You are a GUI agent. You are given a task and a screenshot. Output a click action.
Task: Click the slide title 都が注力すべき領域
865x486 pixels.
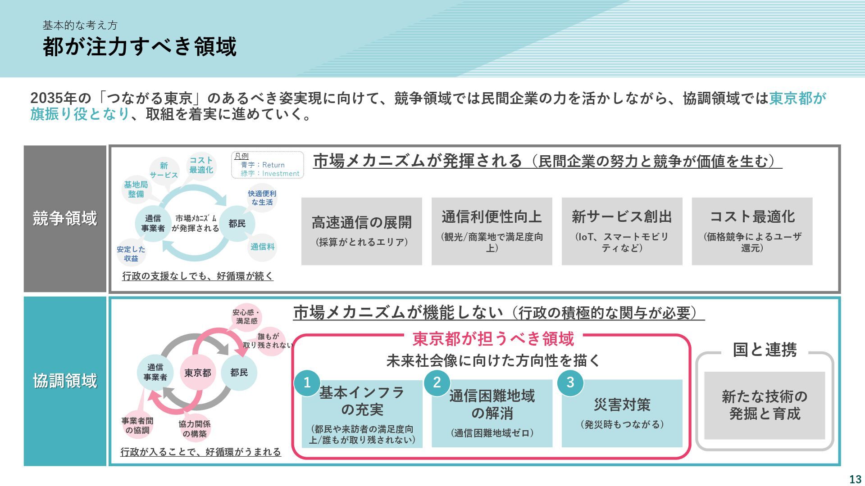coord(140,47)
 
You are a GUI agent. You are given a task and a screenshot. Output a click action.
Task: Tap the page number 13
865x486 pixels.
coord(855,479)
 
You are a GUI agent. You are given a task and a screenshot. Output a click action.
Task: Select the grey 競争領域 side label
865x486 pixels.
coord(65,219)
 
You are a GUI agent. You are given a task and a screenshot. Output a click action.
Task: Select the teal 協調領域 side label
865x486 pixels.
coord(65,381)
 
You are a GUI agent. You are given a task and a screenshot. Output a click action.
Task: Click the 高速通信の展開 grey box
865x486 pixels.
coord(361,231)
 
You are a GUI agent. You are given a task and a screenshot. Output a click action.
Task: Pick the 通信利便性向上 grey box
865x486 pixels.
coord(492,231)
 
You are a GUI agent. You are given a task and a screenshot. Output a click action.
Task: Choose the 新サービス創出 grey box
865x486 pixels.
coord(622,231)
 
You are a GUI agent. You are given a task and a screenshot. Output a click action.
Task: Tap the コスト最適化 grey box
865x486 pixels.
coord(752,231)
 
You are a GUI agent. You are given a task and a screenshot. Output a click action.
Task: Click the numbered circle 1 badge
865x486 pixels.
coord(307,383)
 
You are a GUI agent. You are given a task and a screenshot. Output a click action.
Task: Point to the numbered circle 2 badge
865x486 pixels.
coord(437,383)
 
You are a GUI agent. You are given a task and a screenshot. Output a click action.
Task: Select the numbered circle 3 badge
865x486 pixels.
coord(570,383)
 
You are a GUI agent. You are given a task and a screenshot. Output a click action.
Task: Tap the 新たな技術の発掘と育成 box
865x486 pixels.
coord(764,405)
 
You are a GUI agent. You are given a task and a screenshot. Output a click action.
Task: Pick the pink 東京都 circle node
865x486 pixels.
coord(197,373)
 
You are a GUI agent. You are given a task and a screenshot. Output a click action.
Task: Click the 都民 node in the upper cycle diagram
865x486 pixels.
coord(237,224)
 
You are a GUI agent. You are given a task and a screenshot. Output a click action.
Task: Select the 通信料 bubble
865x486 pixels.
coord(262,247)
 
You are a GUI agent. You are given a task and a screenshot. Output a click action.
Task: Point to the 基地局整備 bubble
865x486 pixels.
coord(136,189)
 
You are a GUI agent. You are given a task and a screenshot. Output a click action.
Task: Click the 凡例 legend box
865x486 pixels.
coord(268,165)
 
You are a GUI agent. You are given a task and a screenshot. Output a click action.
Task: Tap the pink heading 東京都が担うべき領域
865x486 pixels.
coord(493,339)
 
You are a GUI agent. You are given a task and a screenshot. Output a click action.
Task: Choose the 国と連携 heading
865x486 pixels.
coord(765,350)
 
